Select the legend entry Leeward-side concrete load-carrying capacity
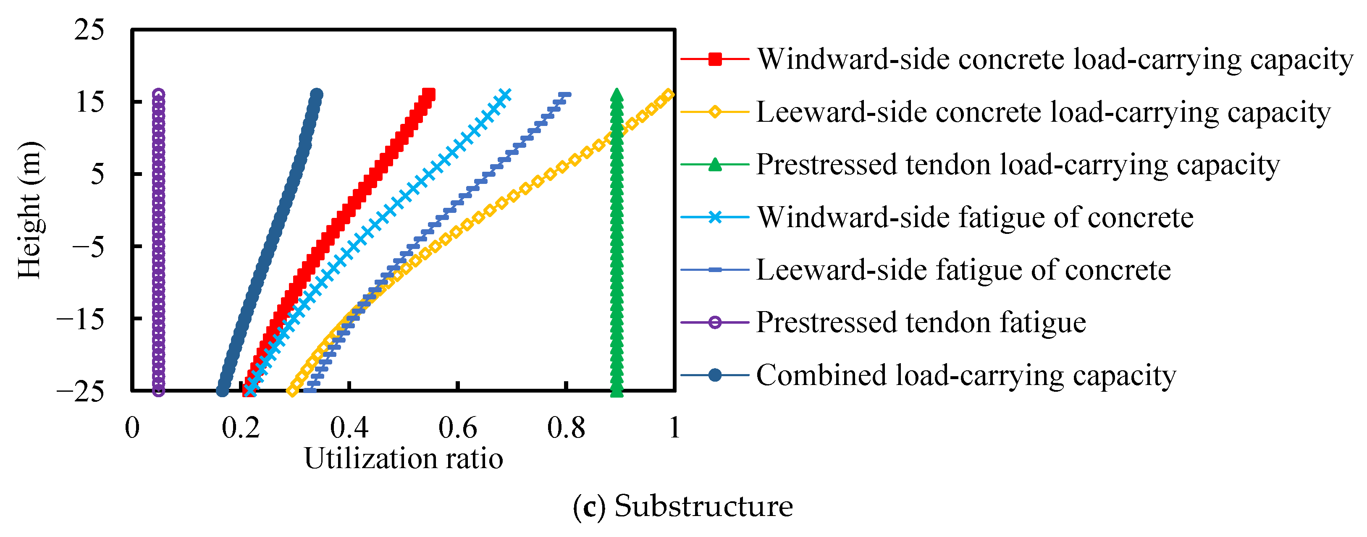click(x=1043, y=112)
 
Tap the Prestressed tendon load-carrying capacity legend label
click(x=1018, y=165)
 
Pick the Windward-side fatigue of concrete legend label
click(x=975, y=217)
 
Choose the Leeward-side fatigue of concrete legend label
click(x=963, y=270)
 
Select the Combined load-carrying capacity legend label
click(x=966, y=375)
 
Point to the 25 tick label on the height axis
click(x=89, y=30)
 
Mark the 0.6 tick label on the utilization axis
click(x=457, y=428)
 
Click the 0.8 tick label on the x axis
click(x=566, y=428)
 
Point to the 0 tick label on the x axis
click(x=132, y=428)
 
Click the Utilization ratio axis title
click(x=403, y=458)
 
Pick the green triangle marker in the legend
click(x=715, y=165)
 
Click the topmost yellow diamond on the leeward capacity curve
click(x=669, y=95)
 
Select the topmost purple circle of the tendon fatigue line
click(x=158, y=94)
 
